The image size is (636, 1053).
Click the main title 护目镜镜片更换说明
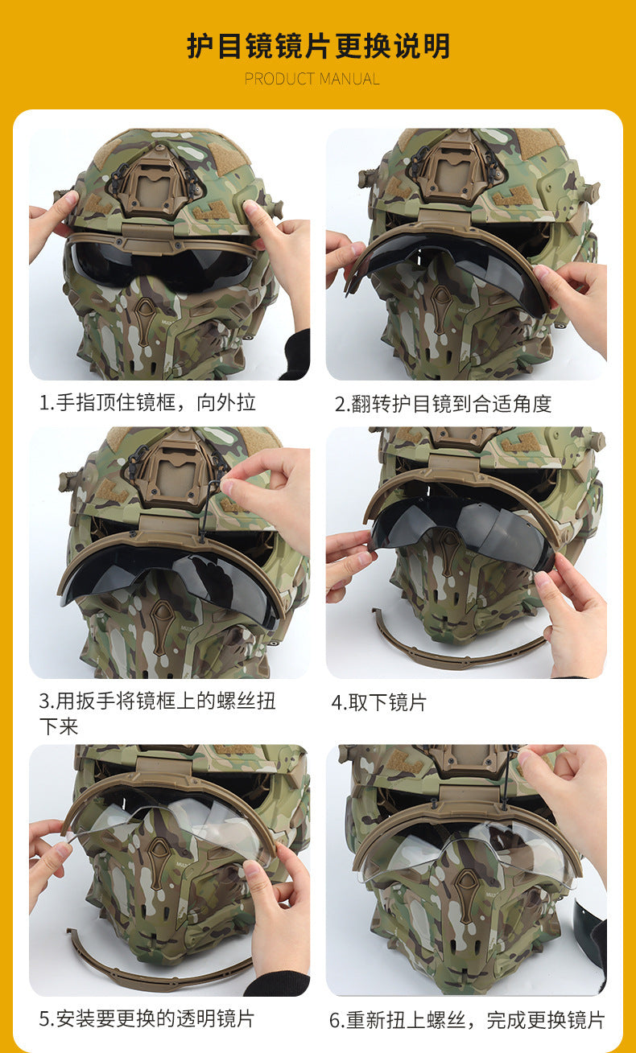319,46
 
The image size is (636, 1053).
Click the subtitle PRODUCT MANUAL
312,79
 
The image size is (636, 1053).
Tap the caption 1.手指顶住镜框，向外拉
147,403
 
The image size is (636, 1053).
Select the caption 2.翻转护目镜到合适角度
443,404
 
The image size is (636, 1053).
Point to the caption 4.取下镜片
378,703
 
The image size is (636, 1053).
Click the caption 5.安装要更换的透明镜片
147,1018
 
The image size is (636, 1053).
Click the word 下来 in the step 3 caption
59,726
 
